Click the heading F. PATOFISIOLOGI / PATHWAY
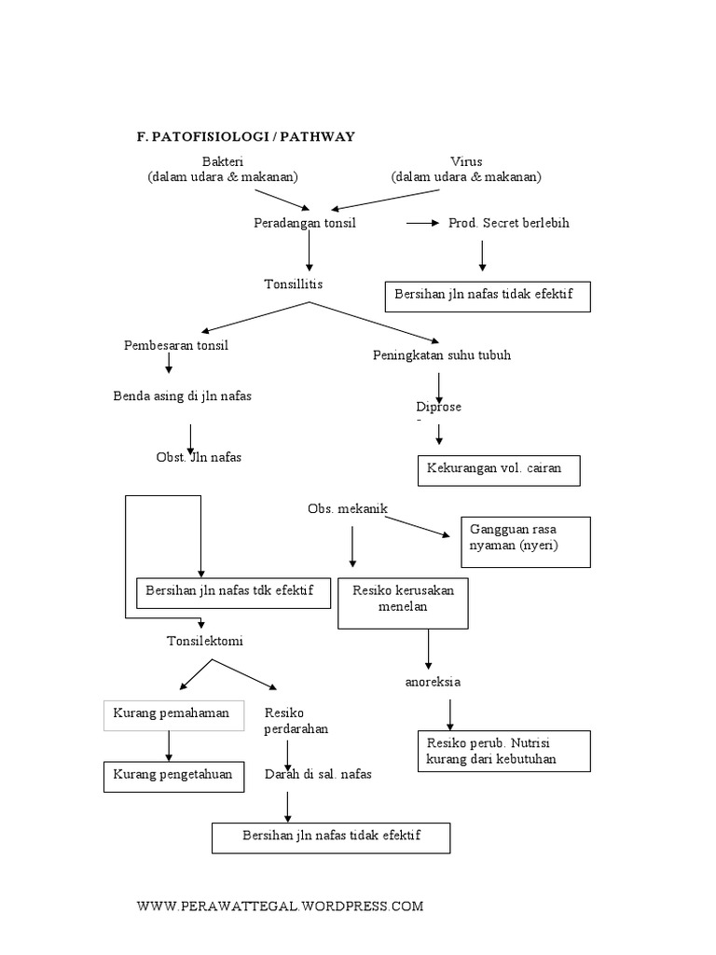click(246, 137)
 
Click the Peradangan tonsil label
click(305, 224)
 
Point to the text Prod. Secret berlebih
click(509, 224)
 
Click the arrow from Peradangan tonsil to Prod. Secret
click(422, 224)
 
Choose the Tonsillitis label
click(294, 284)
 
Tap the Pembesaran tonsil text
click(176, 345)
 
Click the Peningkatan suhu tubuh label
click(442, 355)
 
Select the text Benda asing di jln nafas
click(183, 396)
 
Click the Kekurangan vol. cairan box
click(498, 470)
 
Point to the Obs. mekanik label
click(347, 508)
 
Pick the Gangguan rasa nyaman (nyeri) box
click(525, 541)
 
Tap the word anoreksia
click(433, 682)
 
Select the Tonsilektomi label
click(206, 642)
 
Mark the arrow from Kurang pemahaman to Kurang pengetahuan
click(169, 745)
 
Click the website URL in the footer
click(280, 906)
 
